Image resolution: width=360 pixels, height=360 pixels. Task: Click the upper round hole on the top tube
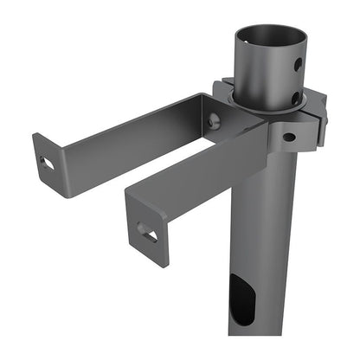(x=297, y=65)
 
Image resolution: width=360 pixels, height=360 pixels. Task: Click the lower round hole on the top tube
(x=297, y=95)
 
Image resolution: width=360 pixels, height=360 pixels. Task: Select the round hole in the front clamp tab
(x=287, y=136)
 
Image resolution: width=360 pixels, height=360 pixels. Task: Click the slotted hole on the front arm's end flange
(x=148, y=232)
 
